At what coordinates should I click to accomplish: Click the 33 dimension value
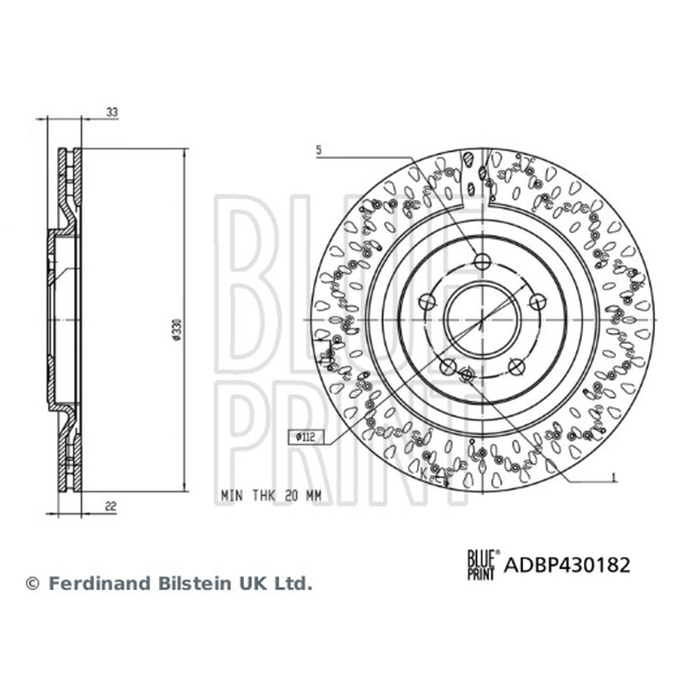pyautogui.click(x=112, y=113)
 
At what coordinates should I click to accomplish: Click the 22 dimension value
pyautogui.click(x=110, y=506)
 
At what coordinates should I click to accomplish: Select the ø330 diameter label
pyautogui.click(x=177, y=329)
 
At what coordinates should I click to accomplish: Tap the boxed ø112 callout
pyautogui.click(x=307, y=438)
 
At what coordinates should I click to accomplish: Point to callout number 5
pyautogui.click(x=319, y=150)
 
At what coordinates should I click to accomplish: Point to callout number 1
pyautogui.click(x=614, y=477)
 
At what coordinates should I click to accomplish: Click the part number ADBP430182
pyautogui.click(x=567, y=566)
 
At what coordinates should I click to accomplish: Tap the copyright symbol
pyautogui.click(x=33, y=584)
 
